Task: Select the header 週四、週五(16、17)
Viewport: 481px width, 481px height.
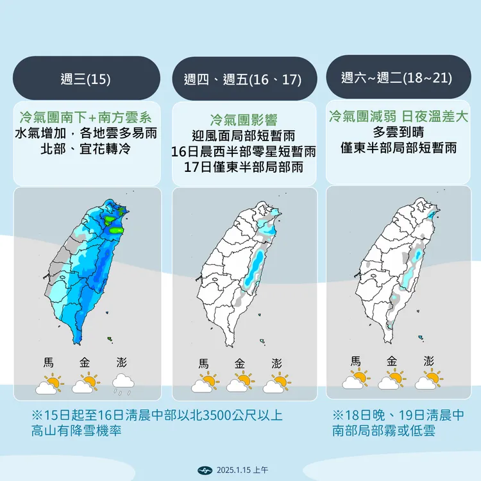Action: click(242, 80)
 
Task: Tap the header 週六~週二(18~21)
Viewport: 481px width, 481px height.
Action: click(397, 78)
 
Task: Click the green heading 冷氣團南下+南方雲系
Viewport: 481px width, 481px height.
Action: click(85, 117)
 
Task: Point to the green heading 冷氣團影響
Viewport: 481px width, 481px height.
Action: click(243, 119)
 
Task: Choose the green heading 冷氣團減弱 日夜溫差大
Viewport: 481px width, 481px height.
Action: click(398, 116)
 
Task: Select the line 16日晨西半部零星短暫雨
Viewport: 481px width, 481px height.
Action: click(244, 152)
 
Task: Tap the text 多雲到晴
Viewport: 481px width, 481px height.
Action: click(398, 132)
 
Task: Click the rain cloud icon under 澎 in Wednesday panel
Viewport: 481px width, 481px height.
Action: click(122, 384)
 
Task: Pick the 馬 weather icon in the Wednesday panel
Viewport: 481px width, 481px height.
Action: click(49, 384)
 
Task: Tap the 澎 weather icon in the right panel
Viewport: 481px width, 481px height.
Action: click(428, 380)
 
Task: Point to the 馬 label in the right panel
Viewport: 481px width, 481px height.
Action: click(355, 361)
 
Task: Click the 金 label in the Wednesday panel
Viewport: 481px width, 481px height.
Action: click(85, 362)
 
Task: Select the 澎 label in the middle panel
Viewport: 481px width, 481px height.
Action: click(276, 363)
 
